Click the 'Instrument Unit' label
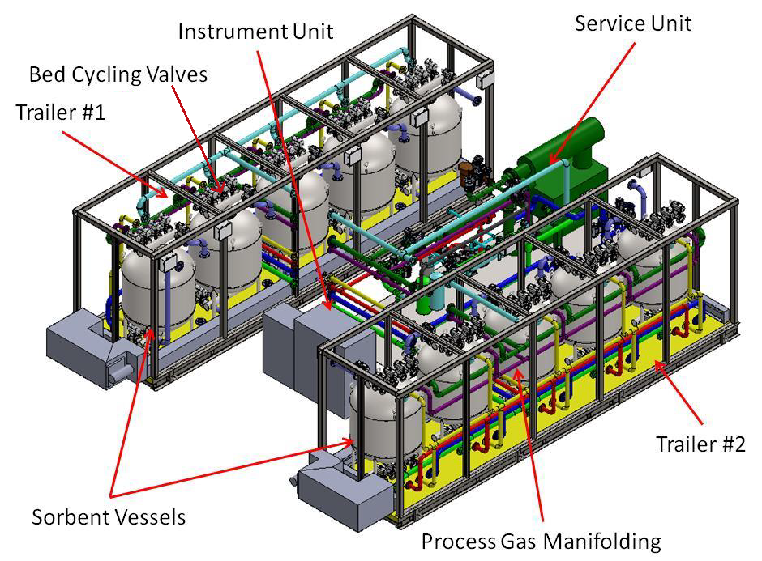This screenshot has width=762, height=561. coord(255,32)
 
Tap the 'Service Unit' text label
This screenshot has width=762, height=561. coord(633,23)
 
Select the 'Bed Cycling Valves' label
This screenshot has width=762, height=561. coord(118,74)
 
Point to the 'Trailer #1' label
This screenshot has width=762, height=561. coord(60,112)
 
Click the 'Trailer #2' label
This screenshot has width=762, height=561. coord(700,444)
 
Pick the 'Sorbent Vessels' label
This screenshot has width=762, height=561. coord(109,516)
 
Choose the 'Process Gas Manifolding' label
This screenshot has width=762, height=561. coord(541,540)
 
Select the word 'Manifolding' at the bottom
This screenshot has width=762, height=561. coord(600,540)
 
